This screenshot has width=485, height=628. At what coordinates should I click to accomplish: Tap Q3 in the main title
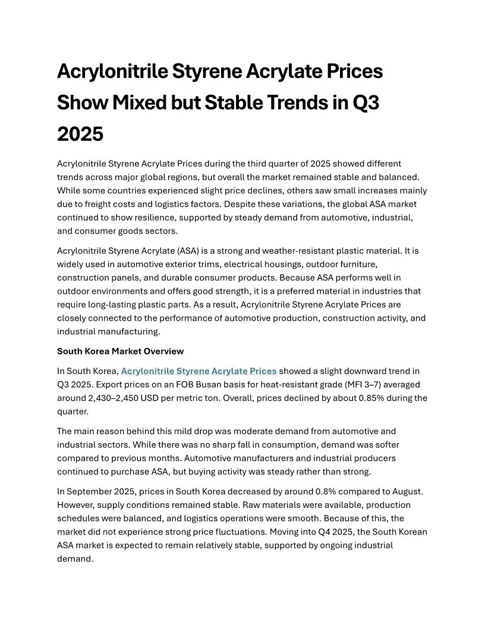366,103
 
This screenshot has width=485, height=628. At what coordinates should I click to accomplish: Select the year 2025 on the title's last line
80,134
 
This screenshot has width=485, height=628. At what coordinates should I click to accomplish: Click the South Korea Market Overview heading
121,351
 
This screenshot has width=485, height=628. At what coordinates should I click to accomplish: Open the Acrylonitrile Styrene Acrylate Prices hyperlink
199,371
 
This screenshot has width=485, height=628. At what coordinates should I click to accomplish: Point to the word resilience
174,218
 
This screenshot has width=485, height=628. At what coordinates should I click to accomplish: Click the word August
409,491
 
